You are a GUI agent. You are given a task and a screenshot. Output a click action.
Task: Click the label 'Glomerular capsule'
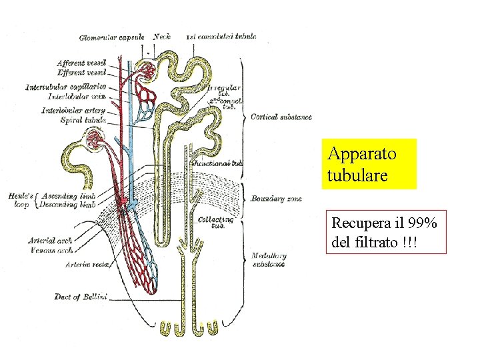[x=111, y=37]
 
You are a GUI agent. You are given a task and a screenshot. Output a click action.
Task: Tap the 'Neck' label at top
[x=161, y=37]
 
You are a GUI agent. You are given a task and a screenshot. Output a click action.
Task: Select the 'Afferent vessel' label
[x=82, y=63]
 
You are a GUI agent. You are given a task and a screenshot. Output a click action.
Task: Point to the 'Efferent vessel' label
[x=82, y=72]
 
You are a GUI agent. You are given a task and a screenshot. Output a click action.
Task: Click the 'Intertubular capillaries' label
[x=65, y=87]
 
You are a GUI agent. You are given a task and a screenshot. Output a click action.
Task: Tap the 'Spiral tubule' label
[x=80, y=120]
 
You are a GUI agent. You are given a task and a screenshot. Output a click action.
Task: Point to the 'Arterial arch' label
[x=50, y=241]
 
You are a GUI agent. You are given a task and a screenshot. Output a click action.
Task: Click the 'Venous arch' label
[x=52, y=250]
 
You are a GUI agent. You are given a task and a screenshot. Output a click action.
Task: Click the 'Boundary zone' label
[x=276, y=199]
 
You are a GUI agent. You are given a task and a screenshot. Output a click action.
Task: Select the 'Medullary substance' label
[x=269, y=259]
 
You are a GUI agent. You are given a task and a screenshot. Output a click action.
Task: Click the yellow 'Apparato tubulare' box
[x=369, y=164]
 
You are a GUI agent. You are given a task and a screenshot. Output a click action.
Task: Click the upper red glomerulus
[x=146, y=71]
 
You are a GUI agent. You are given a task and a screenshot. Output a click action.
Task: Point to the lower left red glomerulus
[x=93, y=139]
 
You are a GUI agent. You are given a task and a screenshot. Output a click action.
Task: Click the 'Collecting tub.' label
[x=216, y=221]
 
